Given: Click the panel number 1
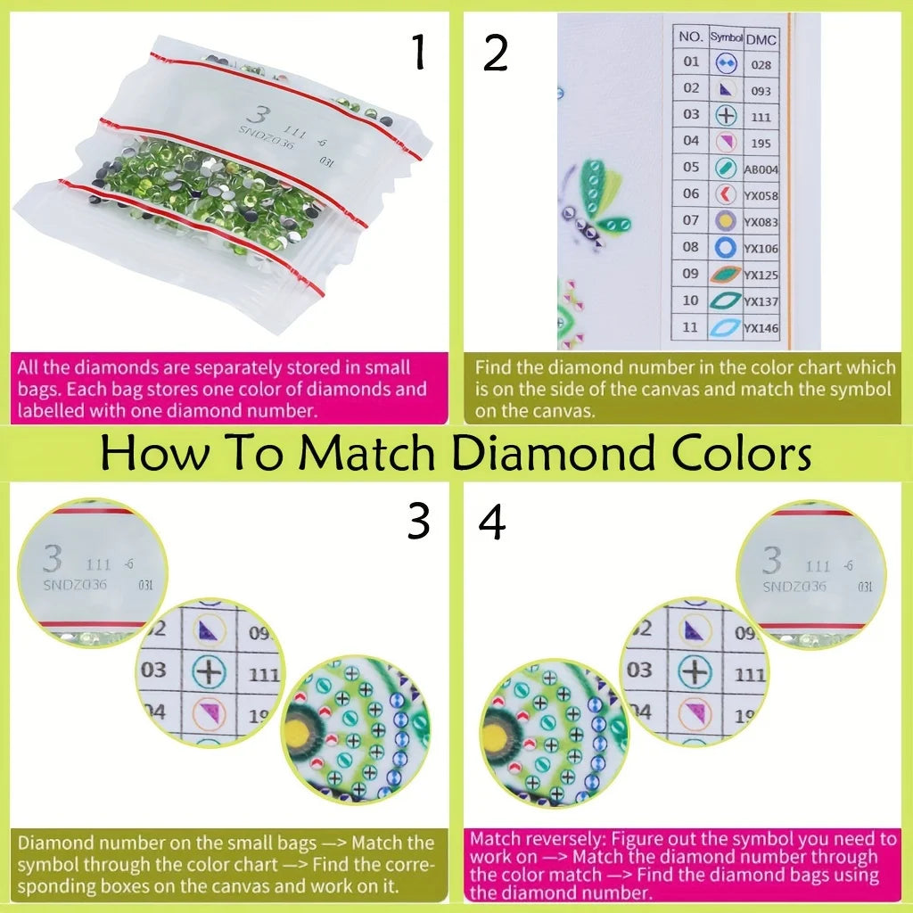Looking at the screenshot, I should click(x=417, y=53).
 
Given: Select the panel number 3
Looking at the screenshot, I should click(x=417, y=522).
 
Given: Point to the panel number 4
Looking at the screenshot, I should click(x=492, y=522).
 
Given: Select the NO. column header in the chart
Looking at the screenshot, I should click(x=691, y=37).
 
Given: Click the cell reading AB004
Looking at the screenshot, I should click(x=761, y=169).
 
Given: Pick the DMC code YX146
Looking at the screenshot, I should click(x=761, y=327).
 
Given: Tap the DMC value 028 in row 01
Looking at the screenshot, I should click(x=761, y=64).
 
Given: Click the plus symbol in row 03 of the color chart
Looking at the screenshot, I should click(x=725, y=116).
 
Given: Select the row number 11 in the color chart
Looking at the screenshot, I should click(x=691, y=327).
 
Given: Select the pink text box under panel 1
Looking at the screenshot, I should click(x=231, y=388).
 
